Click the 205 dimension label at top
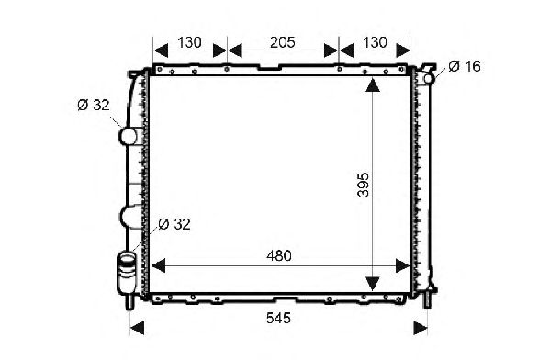(283, 42)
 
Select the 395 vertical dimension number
(364, 185)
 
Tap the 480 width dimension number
(279, 256)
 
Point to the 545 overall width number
(278, 319)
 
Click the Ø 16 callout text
(465, 66)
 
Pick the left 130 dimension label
(189, 42)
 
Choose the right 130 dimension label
(375, 42)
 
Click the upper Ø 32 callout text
(94, 105)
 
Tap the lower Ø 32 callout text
(174, 224)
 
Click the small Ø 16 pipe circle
(429, 78)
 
